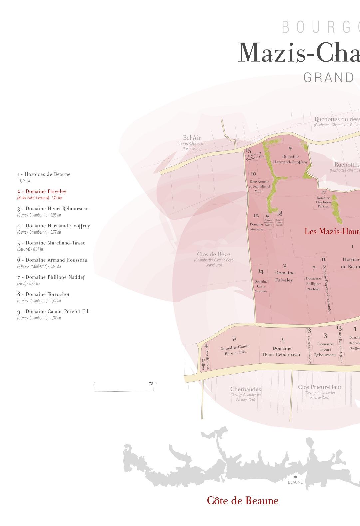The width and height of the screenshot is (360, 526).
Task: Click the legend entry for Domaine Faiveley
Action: (x=42, y=191)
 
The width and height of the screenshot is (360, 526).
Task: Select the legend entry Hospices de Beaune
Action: (x=44, y=174)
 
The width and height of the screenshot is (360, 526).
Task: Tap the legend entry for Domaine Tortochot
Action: (x=44, y=294)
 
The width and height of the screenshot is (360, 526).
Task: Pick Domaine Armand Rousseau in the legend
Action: (x=52, y=260)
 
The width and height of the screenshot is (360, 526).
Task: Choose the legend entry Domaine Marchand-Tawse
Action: (x=51, y=243)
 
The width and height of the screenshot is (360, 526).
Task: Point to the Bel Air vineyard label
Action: (x=192, y=138)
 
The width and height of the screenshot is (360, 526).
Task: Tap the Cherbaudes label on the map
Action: (x=246, y=389)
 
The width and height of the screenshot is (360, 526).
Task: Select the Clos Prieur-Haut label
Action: (x=319, y=387)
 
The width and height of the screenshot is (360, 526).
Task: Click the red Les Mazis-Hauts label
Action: (x=332, y=231)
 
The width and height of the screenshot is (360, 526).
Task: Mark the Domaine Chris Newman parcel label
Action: (x=261, y=286)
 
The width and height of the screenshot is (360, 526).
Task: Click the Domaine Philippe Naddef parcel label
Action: (x=313, y=283)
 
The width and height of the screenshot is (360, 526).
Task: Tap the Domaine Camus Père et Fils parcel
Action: (x=235, y=349)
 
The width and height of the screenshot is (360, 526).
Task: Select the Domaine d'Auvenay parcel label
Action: (x=256, y=227)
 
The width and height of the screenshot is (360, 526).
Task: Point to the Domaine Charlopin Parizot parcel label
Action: (x=323, y=202)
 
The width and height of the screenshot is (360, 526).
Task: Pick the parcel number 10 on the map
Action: (x=253, y=174)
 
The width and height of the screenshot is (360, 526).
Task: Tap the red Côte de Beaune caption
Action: (x=243, y=501)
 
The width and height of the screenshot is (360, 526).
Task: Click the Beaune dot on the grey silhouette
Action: (x=295, y=477)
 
